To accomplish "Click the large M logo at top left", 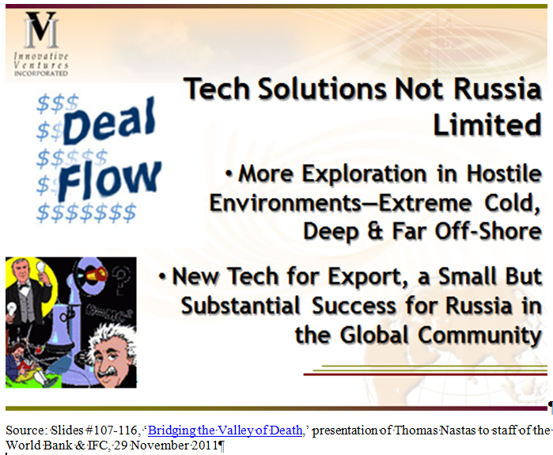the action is click(41, 29).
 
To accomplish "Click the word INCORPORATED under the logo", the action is click(41, 74).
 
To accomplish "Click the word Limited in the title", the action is click(487, 124).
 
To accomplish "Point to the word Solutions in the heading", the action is click(322, 88).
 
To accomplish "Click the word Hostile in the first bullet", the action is click(504, 173).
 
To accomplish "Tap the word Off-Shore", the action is click(488, 231).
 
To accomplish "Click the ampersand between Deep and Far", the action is click(375, 231).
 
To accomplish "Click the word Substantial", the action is click(241, 305).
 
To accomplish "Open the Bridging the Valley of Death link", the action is click(225, 430).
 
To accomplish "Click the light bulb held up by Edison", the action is click(42, 270).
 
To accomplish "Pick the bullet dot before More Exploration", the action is click(229, 174).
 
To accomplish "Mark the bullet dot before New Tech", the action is click(162, 276).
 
